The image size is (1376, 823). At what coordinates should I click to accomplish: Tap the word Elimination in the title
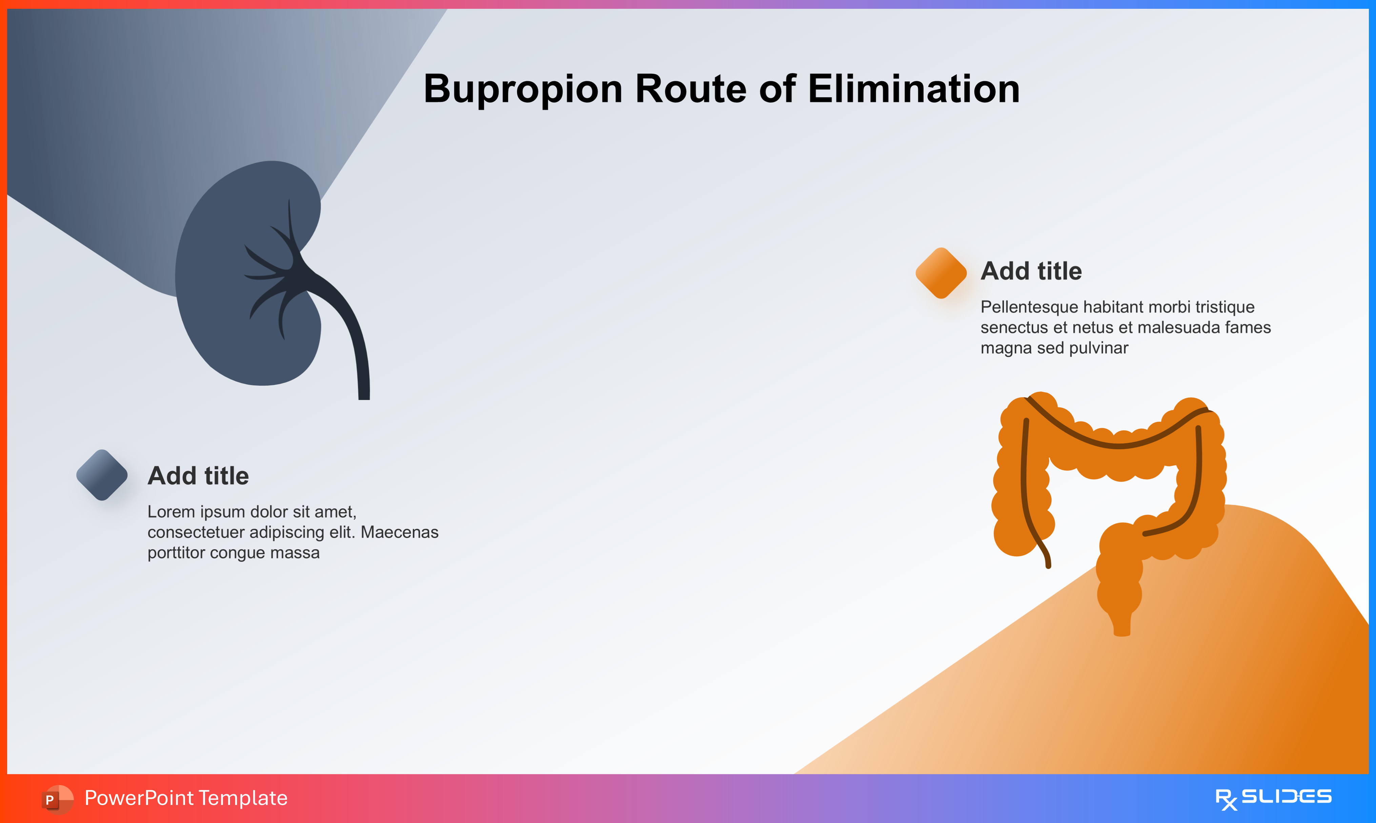tap(913, 89)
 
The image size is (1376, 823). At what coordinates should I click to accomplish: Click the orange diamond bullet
tap(941, 273)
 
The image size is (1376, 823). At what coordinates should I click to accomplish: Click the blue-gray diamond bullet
tap(102, 475)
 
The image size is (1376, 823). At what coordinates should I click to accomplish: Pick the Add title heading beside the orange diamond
tap(1031, 271)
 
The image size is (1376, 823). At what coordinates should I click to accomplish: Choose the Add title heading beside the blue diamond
tap(198, 476)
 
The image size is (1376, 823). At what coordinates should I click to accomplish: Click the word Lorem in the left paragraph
tap(169, 511)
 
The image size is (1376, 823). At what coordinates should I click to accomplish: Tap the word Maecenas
tap(400, 532)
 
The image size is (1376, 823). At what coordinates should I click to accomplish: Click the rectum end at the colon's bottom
tap(1121, 624)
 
